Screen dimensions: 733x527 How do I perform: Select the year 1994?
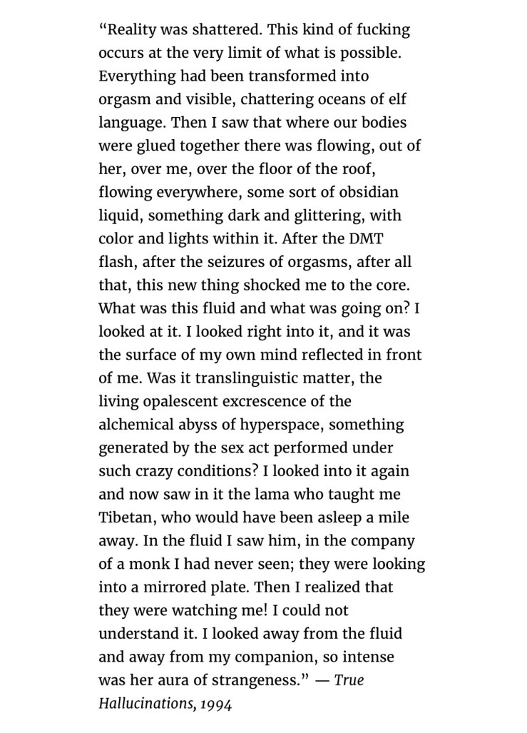(217, 703)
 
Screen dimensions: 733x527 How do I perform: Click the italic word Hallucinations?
(148, 703)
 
